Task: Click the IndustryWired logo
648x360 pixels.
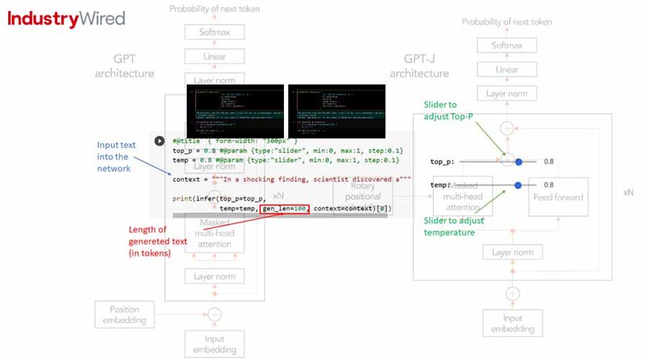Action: pos(66,19)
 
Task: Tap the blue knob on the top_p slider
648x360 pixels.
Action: pos(518,161)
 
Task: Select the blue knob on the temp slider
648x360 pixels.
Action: pos(518,185)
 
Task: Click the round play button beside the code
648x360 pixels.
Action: pos(159,141)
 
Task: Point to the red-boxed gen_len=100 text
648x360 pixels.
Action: pos(284,209)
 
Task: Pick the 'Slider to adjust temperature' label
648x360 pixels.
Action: pos(454,226)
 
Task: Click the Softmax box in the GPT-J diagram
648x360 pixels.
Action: pos(507,45)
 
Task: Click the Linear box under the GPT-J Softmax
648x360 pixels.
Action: pos(507,69)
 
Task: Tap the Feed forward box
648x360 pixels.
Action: pos(558,197)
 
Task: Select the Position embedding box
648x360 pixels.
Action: pos(124,315)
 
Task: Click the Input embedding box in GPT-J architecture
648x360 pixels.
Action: pos(512,323)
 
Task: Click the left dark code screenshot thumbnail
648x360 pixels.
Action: pos(235,111)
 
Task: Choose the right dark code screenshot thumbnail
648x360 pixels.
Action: pos(336,111)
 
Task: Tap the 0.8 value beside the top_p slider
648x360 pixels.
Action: pos(549,161)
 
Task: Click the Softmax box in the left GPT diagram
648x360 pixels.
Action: pos(214,32)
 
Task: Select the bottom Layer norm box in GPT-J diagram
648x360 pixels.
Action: pos(512,252)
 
